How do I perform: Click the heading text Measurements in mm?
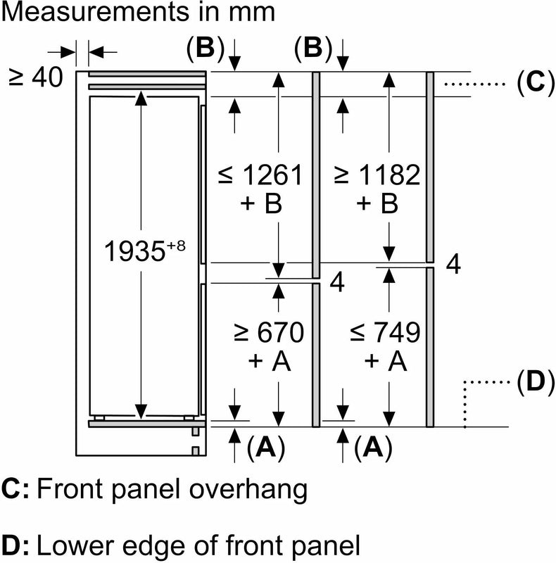pyautogui.click(x=138, y=13)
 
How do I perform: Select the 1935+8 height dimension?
pyautogui.click(x=144, y=251)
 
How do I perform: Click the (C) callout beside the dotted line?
pyautogui.click(x=531, y=83)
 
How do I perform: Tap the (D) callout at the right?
pyautogui.click(x=531, y=382)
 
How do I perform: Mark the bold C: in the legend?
pyautogui.click(x=15, y=488)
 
